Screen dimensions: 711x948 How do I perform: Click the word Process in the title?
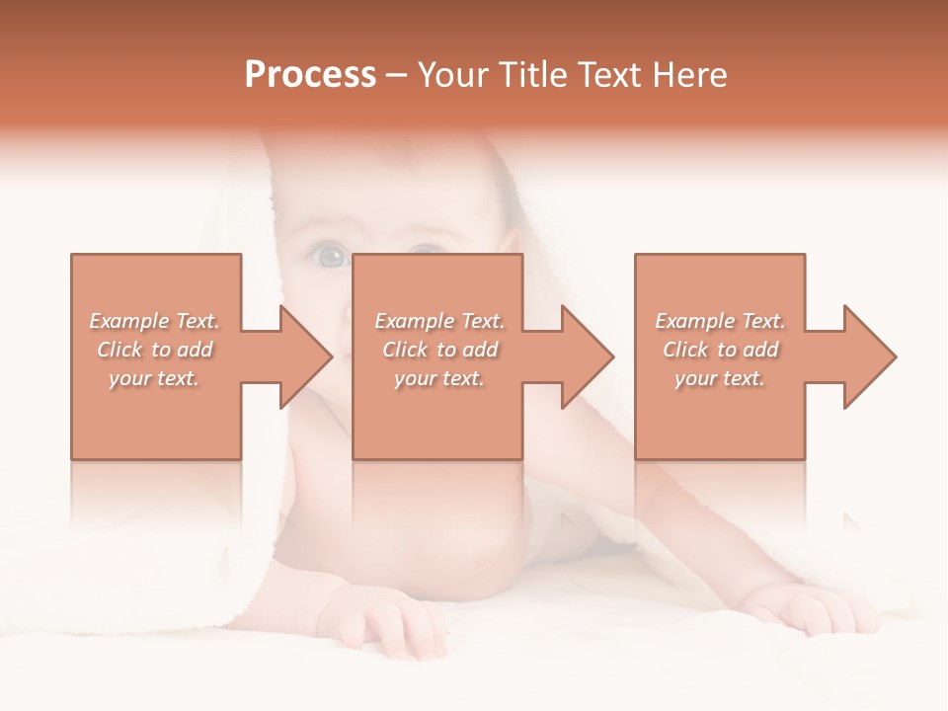310,75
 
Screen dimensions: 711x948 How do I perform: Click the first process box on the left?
156,415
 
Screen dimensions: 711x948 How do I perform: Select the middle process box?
437,415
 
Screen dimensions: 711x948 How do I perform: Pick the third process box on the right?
719,415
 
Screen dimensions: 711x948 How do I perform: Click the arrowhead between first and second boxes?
306,356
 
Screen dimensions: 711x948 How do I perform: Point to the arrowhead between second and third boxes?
588,356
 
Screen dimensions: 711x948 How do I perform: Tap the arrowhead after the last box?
869,356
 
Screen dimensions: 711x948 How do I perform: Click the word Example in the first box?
128,321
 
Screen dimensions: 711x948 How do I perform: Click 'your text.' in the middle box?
438,378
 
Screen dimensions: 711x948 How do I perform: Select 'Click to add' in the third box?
721,350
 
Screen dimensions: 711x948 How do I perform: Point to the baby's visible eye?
330,258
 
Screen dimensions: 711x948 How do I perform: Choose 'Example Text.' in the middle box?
439,321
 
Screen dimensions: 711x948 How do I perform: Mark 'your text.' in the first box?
153,378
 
